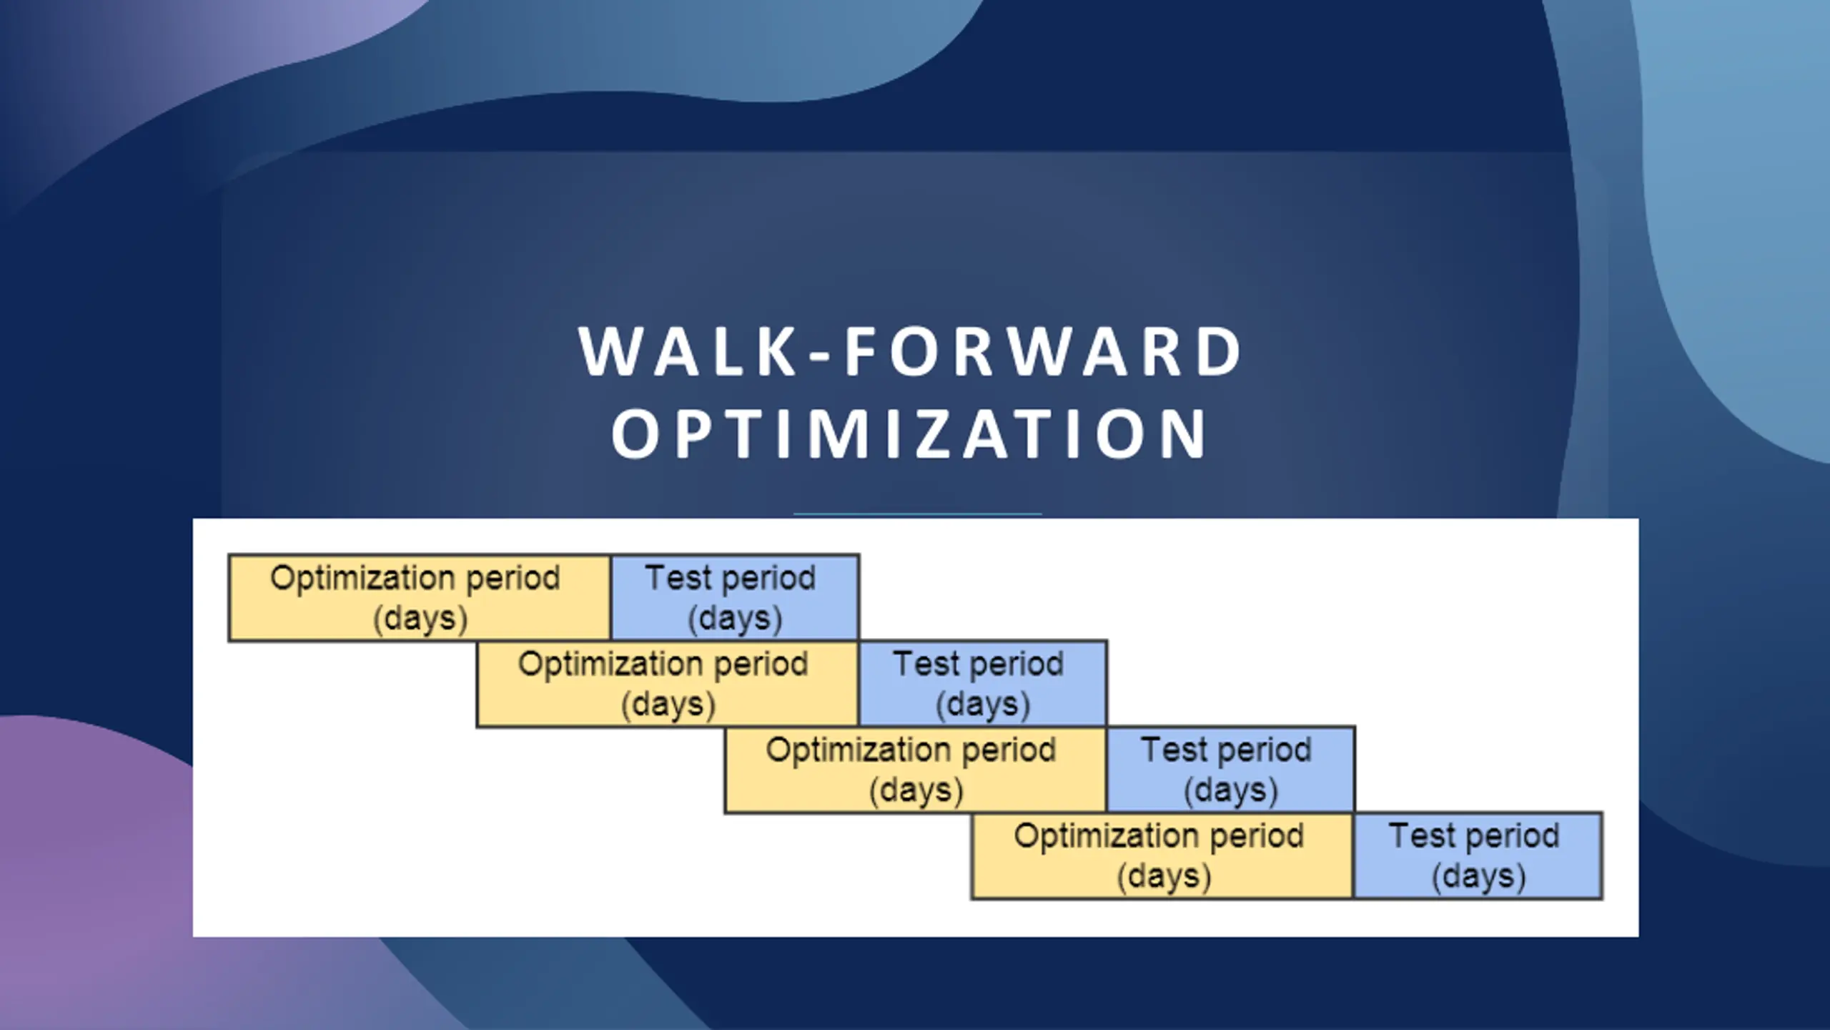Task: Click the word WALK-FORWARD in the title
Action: click(x=911, y=351)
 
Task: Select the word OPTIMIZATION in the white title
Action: click(x=909, y=434)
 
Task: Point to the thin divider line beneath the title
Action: click(x=918, y=514)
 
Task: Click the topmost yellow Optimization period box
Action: click(x=420, y=597)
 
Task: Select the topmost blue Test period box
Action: click(x=735, y=597)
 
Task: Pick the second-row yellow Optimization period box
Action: click(x=668, y=684)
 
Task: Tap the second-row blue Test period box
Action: click(x=983, y=684)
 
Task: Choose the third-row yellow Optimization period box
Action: click(x=916, y=770)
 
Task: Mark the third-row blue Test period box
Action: click(x=1231, y=770)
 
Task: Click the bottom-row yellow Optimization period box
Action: click(x=1163, y=855)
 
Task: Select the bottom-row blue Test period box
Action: click(x=1478, y=855)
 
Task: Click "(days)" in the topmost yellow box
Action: click(x=420, y=619)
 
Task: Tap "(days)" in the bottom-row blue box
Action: click(x=1478, y=877)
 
